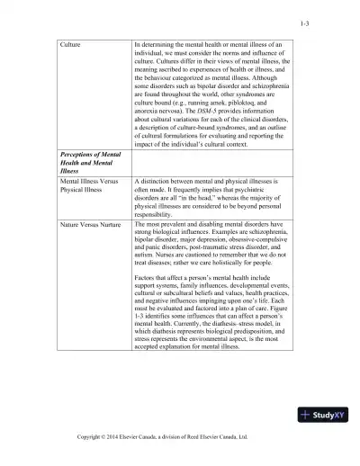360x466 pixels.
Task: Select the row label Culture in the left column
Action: (71, 43)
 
